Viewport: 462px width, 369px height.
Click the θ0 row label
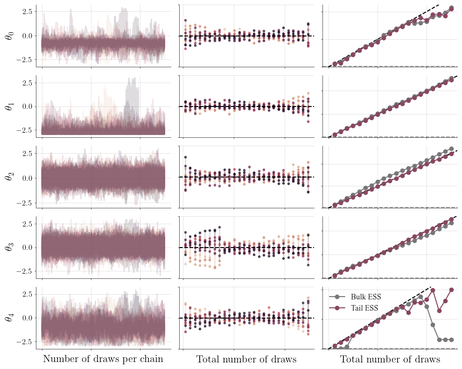pos(9,35)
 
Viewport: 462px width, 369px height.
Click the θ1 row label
pos(9,106)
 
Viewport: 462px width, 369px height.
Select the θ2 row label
pos(9,177)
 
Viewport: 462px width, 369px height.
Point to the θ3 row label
pos(9,247)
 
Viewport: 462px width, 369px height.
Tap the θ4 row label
pos(9,318)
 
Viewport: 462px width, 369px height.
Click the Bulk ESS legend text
pos(366,297)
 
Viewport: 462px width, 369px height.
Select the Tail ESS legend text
pos(364,308)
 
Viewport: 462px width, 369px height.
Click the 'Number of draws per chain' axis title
pos(103,359)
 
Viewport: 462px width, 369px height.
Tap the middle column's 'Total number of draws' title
pos(246,359)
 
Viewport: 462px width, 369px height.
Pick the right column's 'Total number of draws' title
pos(390,359)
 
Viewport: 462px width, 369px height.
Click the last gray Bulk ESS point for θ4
pos(451,340)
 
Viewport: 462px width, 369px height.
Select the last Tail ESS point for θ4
pos(451,290)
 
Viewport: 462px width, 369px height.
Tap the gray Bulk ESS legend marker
pos(337,297)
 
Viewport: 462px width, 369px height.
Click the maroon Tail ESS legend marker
pos(337,308)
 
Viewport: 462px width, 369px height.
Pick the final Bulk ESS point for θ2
pos(451,149)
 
